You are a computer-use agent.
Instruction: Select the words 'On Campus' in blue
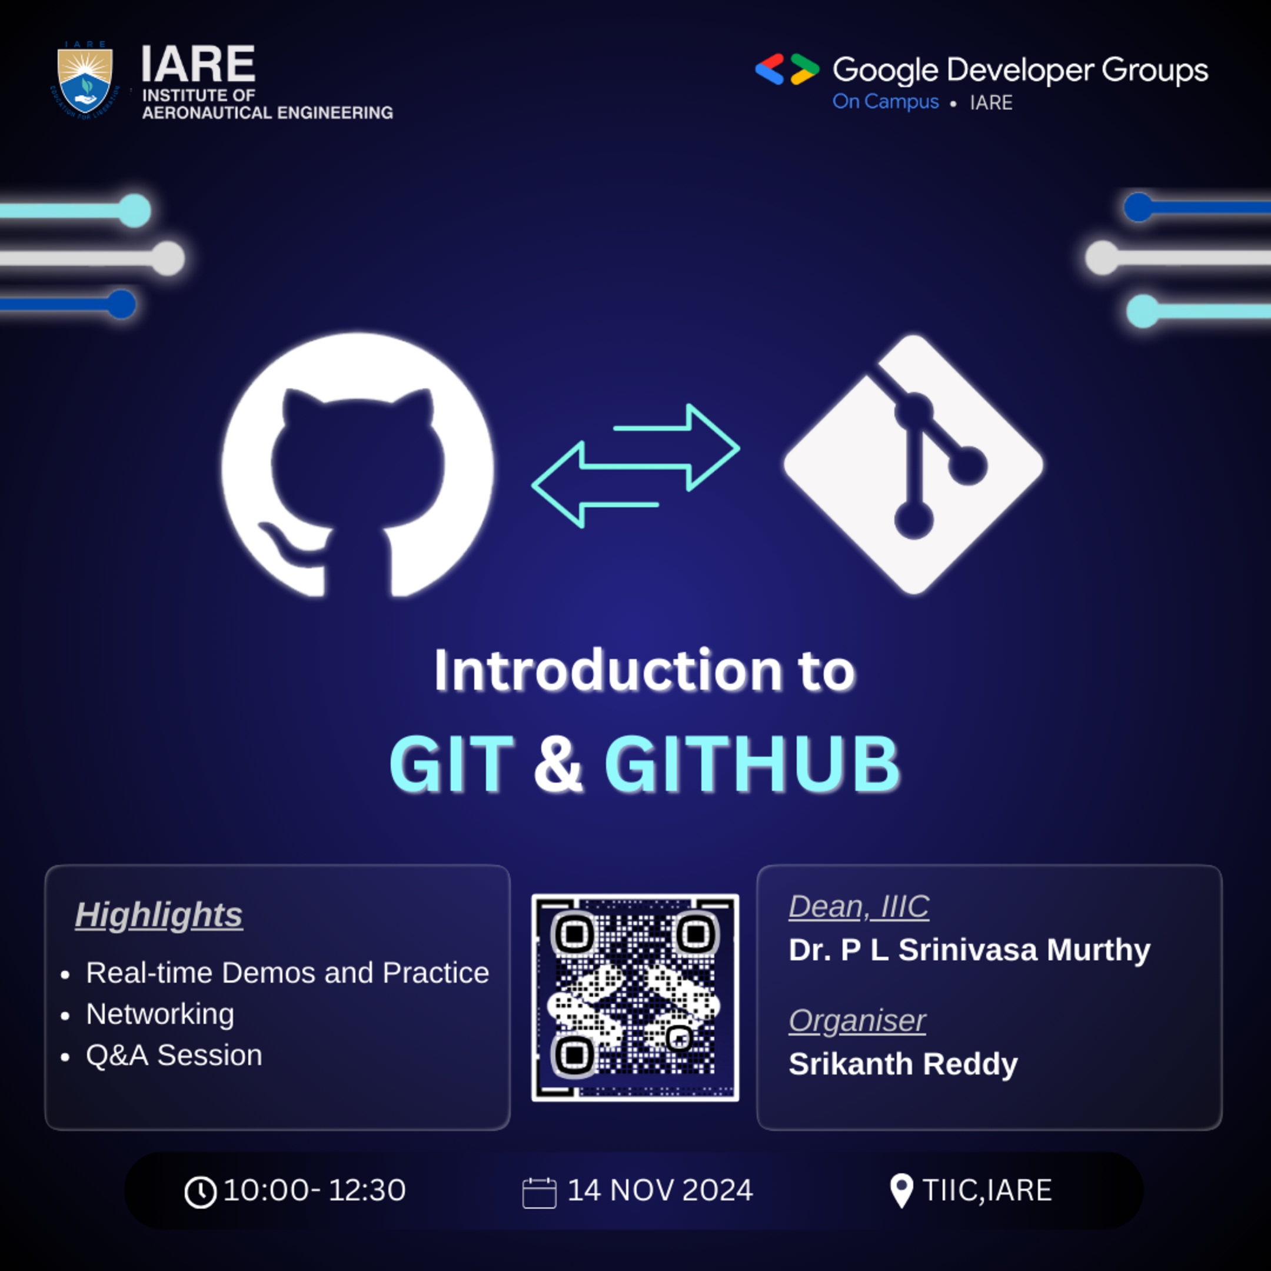pos(886,102)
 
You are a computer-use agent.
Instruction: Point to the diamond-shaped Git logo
pos(913,464)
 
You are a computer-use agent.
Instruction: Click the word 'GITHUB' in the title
pos(752,764)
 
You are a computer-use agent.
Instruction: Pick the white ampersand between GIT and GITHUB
pos(558,764)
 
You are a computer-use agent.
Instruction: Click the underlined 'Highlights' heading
pos(158,914)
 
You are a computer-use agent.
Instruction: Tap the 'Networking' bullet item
pos(160,1014)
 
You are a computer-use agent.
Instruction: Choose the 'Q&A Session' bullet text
pos(174,1055)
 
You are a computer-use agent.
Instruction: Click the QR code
pos(635,997)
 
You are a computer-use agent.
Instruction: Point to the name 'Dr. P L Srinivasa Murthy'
pos(969,950)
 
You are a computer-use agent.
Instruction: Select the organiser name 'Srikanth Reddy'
pos(903,1064)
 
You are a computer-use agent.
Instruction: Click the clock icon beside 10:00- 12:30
pos(201,1192)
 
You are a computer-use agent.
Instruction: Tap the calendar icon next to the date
pos(539,1193)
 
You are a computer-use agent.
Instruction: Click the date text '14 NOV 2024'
pos(660,1190)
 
